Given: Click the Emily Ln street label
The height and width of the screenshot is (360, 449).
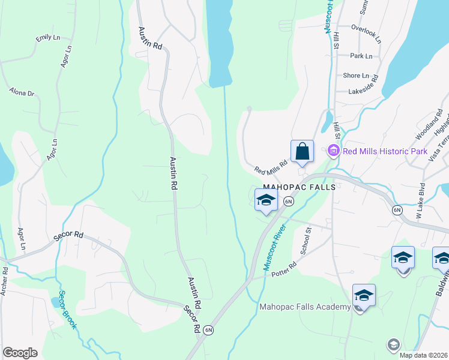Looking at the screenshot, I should [48, 38].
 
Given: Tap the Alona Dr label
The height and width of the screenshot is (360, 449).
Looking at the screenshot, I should [22, 92].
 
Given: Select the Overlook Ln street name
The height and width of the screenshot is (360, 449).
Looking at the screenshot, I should [366, 35].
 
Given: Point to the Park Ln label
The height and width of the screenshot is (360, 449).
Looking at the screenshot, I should [361, 56].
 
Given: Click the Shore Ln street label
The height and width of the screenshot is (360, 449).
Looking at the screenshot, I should [356, 76].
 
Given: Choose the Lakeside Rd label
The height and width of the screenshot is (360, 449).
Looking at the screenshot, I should [365, 91].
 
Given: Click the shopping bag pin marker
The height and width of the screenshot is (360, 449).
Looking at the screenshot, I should [302, 152].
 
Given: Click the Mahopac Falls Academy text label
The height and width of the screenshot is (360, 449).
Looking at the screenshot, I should [305, 307].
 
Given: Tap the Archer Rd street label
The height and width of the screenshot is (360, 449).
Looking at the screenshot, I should [4, 281].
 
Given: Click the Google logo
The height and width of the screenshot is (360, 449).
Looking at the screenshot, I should [20, 353].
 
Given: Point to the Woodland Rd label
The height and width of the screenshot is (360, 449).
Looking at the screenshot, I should [432, 123].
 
